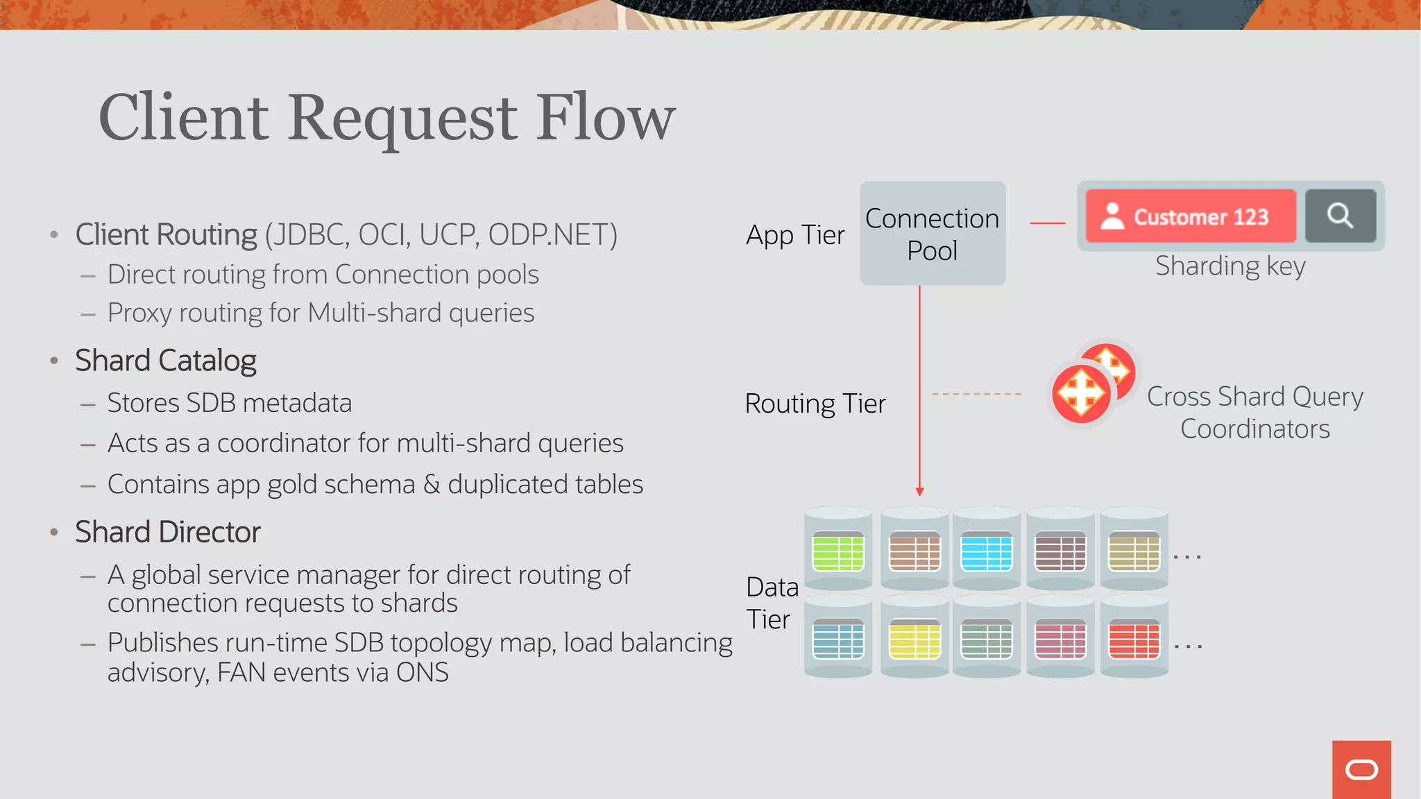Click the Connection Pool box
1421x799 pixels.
[x=933, y=234]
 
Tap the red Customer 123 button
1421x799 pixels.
[x=1191, y=216]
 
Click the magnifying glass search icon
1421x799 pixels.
[x=1340, y=216]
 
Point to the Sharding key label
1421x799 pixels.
[x=1230, y=266]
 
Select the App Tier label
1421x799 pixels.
[x=795, y=235]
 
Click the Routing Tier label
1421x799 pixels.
[x=815, y=404]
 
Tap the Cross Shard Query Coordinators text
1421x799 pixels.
[x=1254, y=412]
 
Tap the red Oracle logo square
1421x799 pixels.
[x=1361, y=769]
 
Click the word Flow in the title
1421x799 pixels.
[x=606, y=117]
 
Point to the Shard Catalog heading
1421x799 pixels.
[x=166, y=361]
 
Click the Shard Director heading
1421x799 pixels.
[x=168, y=532]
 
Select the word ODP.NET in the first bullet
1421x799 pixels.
[x=552, y=234]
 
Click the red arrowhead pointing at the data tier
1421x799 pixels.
[x=919, y=491]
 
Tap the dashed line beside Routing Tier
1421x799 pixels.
[x=976, y=394]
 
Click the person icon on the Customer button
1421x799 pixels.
[x=1112, y=216]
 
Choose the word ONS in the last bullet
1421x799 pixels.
[x=422, y=673]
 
